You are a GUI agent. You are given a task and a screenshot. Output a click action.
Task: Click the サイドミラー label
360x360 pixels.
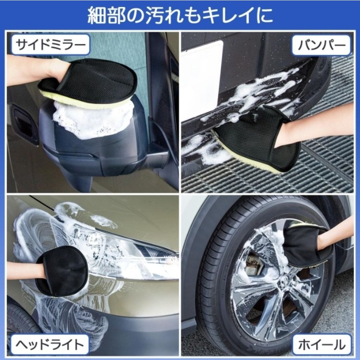pyautogui.click(x=50, y=45)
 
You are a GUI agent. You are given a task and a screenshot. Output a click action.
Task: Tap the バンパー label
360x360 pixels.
pyautogui.click(x=321, y=45)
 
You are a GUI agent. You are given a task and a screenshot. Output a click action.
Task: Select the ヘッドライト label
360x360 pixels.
pyautogui.click(x=50, y=345)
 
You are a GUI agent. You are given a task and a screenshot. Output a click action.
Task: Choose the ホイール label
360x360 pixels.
pyautogui.click(x=321, y=345)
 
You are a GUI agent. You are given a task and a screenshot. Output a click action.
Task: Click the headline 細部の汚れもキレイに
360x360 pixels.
pyautogui.click(x=180, y=15)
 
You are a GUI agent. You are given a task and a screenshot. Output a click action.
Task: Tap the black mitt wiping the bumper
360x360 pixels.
pyautogui.click(x=256, y=140)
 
